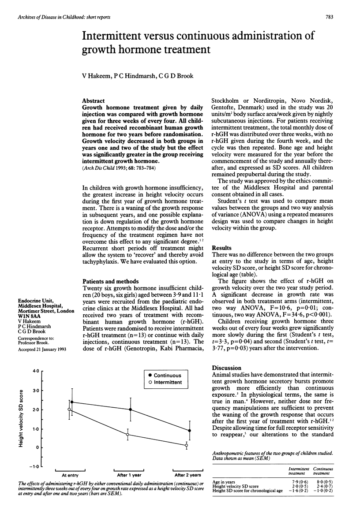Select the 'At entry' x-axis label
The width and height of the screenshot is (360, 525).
click(71, 475)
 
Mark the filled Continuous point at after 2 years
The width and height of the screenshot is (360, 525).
click(189, 431)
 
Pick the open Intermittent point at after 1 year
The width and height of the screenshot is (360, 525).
click(127, 435)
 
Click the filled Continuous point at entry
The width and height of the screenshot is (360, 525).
click(72, 402)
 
